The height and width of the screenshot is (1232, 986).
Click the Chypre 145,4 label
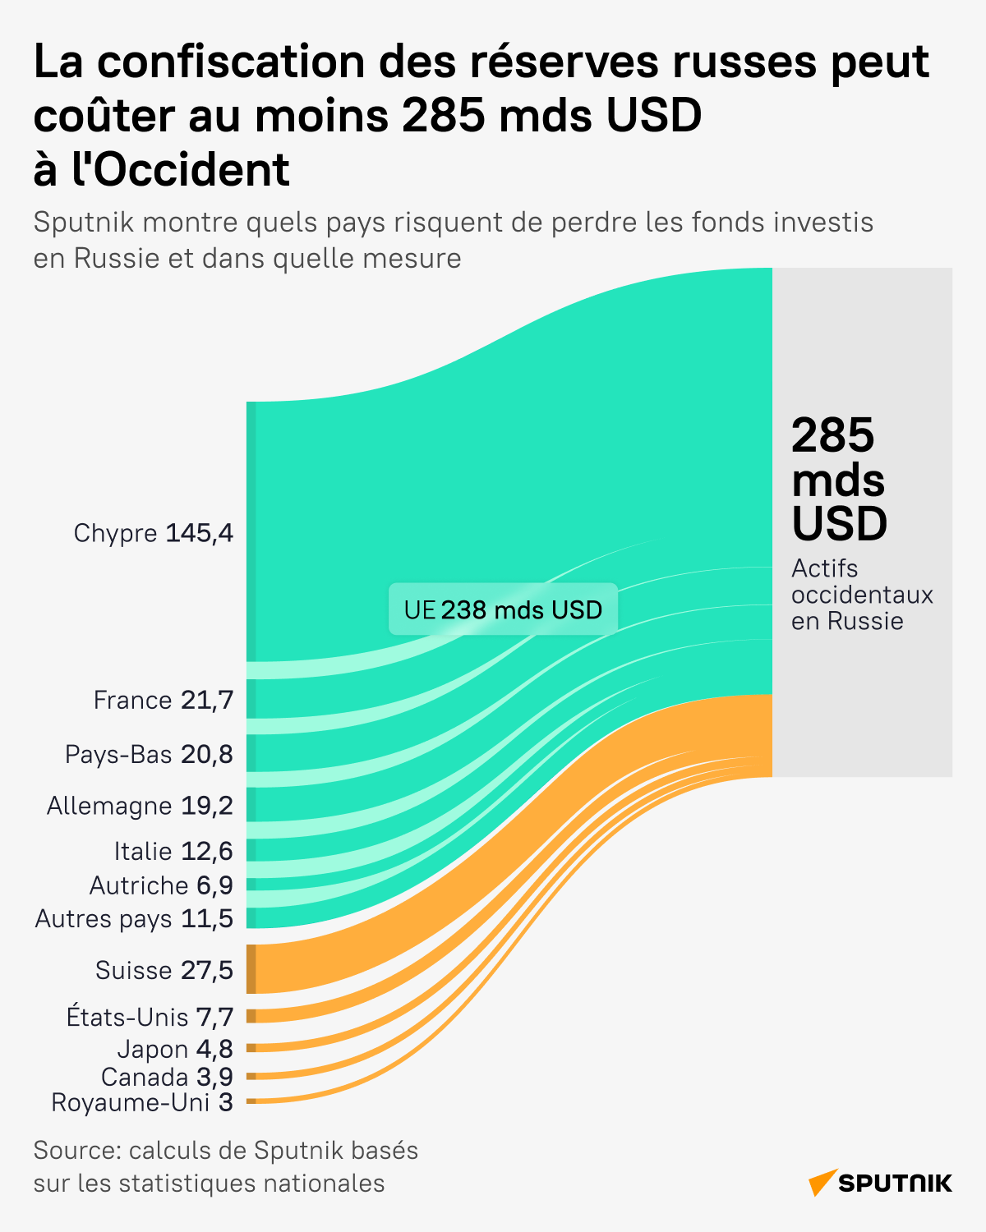(154, 533)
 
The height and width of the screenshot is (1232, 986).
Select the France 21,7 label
(164, 700)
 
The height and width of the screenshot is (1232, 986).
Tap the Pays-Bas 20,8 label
(149, 754)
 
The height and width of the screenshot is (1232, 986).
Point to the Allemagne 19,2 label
(140, 806)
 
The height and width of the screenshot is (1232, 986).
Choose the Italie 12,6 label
(173, 851)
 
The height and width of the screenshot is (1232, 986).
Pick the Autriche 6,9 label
(161, 885)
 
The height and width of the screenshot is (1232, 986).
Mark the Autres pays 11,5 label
(134, 918)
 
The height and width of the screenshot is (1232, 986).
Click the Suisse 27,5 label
(164, 970)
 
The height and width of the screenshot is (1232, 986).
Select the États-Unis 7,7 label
(150, 1017)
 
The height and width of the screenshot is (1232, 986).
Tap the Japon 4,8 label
(175, 1049)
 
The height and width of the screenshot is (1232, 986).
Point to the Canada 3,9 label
(167, 1076)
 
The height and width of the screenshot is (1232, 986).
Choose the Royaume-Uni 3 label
(142, 1102)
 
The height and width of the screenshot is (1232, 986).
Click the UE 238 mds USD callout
(503, 609)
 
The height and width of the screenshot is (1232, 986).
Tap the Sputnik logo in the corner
(880, 1183)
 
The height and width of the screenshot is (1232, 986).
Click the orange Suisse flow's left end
(252, 969)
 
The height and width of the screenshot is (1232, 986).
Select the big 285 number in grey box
(833, 435)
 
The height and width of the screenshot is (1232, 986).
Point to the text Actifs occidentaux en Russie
(862, 595)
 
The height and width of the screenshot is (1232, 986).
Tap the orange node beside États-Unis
(251, 1016)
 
